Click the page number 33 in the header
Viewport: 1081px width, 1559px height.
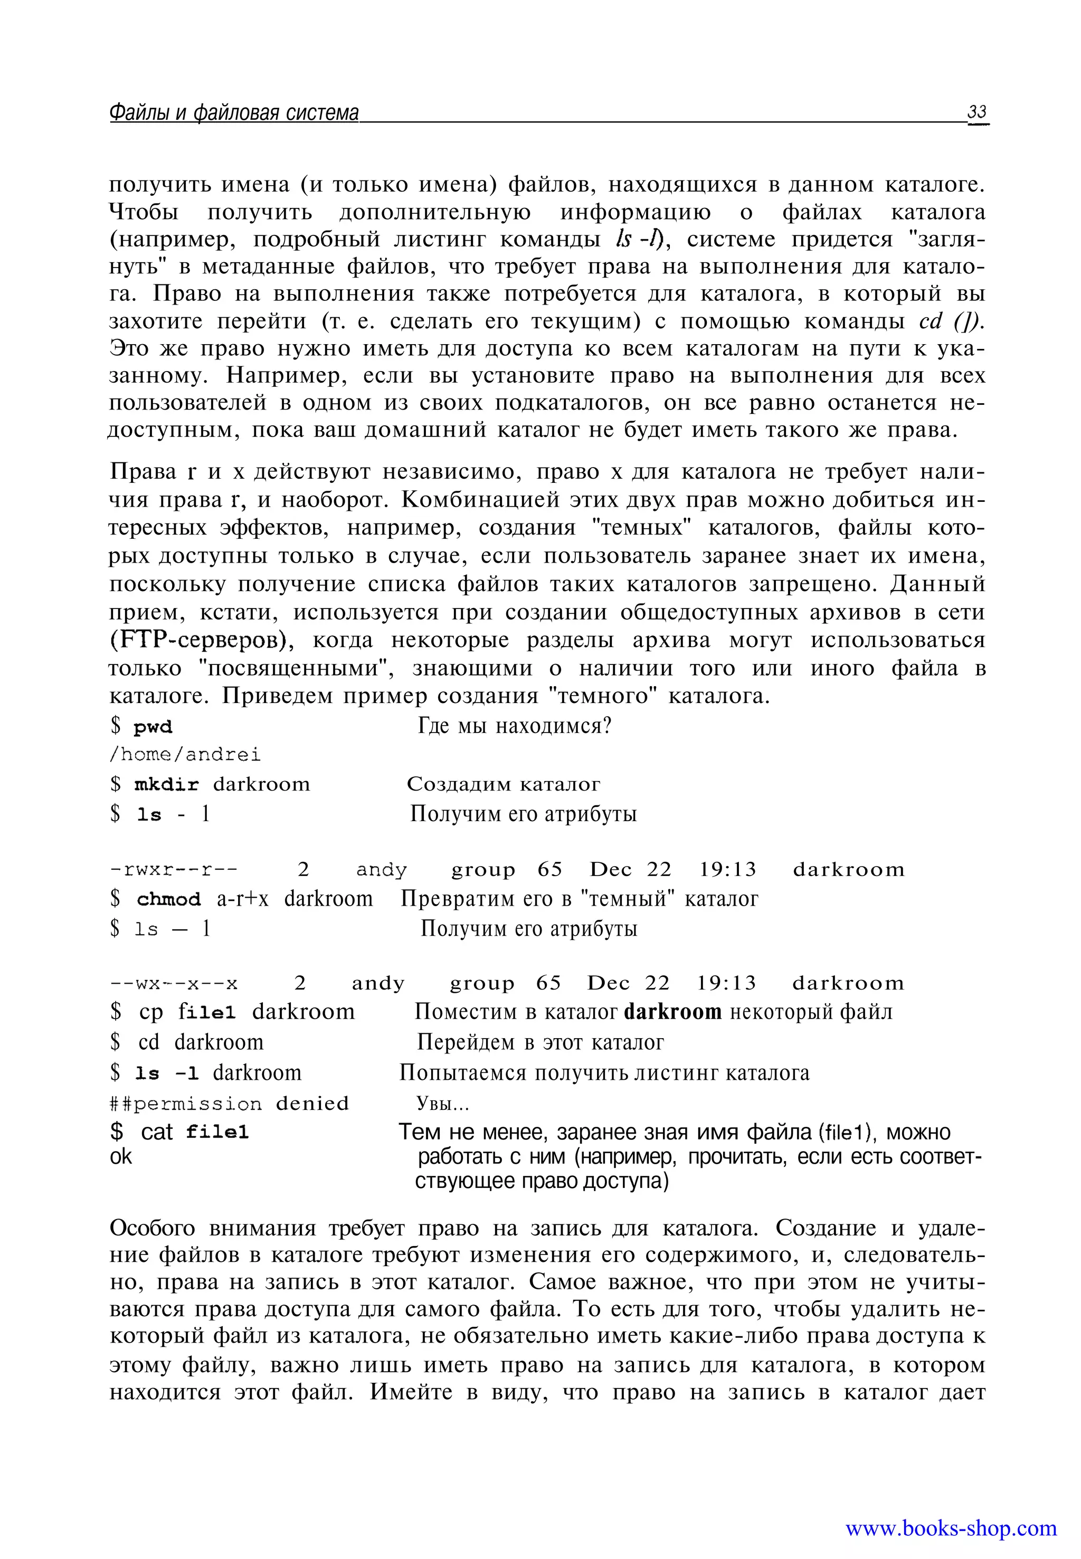[978, 112]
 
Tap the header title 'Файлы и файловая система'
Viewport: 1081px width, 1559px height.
[234, 112]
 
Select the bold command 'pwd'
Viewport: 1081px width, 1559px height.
[153, 727]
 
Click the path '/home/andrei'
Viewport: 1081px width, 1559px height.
[185, 755]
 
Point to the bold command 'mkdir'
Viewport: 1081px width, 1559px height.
[167, 785]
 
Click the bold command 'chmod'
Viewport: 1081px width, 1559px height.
[169, 899]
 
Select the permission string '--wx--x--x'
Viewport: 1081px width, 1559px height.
[174, 983]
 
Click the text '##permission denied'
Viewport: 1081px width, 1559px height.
[229, 1104]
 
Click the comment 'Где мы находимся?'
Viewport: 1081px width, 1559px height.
[515, 726]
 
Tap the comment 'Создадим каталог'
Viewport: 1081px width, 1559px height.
[503, 784]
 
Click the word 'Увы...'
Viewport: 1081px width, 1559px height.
[442, 1105]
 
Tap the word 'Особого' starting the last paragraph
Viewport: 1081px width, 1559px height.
[153, 1228]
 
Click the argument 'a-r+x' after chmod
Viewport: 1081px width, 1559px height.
[242, 899]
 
